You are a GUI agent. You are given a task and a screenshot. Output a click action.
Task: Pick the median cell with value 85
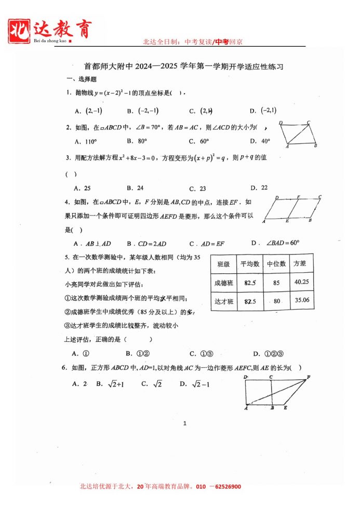[276, 283]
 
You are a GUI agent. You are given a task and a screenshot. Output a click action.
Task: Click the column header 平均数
[250, 264]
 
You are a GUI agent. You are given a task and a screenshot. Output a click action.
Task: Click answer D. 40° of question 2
[260, 141]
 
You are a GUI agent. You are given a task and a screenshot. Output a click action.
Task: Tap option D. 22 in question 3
[259, 188]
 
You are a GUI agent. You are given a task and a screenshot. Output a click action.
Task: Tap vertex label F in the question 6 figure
[309, 377]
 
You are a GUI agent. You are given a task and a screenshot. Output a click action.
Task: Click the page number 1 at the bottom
[184, 423]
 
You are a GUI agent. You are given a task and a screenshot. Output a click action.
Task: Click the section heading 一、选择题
[82, 79]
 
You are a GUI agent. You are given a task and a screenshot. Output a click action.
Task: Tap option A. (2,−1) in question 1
[89, 111]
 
